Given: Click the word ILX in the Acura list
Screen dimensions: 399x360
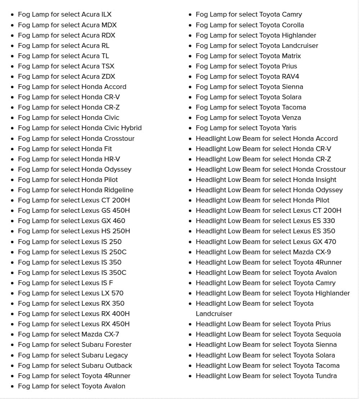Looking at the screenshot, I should pyautogui.click(x=107, y=14).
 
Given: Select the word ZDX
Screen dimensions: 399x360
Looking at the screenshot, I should pyautogui.click(x=108, y=76).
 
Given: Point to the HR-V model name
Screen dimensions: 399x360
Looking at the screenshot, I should pyautogui.click(x=112, y=159).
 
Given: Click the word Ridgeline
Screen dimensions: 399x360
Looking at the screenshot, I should pyautogui.click(x=119, y=190).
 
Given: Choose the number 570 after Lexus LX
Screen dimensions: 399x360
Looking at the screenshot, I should pyautogui.click(x=117, y=293).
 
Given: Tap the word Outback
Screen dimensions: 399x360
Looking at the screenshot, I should pyautogui.click(x=119, y=366).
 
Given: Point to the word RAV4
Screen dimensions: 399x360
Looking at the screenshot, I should pyautogui.click(x=291, y=76).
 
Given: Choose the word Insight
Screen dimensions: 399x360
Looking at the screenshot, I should pyautogui.click(x=326, y=180).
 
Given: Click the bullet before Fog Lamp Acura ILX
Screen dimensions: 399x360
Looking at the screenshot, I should pyautogui.click(x=13, y=15).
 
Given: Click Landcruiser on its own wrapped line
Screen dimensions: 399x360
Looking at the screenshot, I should pyautogui.click(x=214, y=314).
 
